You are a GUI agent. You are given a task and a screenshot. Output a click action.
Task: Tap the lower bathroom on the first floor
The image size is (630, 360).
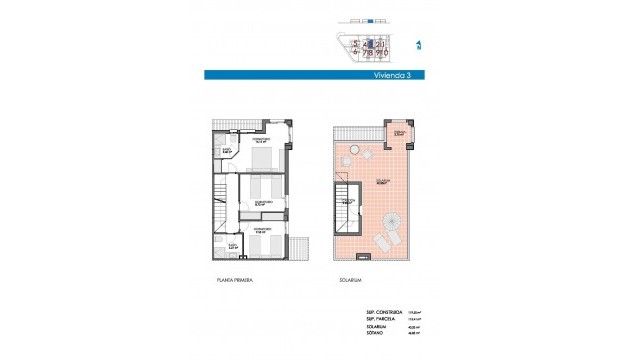228,244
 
